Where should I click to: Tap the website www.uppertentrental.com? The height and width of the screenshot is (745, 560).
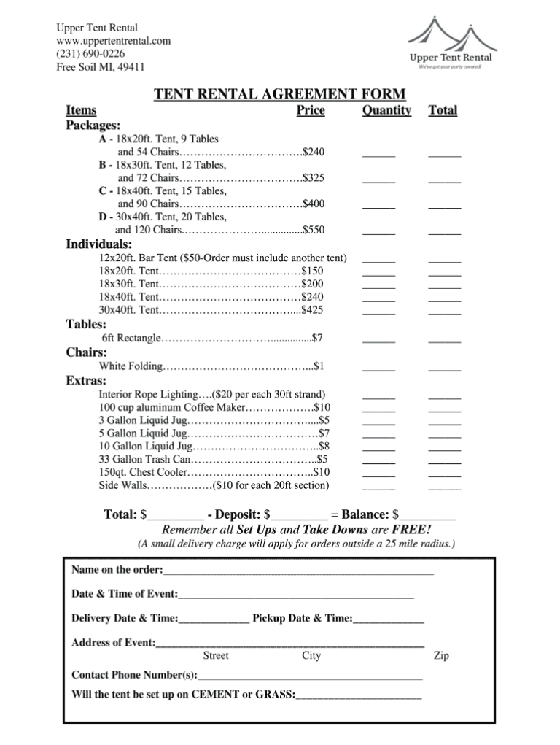click(x=114, y=41)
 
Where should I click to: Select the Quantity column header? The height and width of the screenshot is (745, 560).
click(x=386, y=110)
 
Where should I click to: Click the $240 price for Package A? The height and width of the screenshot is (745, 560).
click(x=314, y=152)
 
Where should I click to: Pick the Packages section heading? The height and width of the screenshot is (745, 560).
click(x=94, y=125)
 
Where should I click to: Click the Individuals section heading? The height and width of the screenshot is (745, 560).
click(x=99, y=244)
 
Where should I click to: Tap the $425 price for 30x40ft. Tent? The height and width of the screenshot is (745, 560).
click(x=312, y=310)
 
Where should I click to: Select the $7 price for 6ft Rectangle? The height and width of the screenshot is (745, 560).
click(x=317, y=338)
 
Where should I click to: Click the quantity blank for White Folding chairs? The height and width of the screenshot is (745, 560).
click(x=379, y=367)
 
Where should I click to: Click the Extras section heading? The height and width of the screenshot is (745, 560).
click(x=87, y=381)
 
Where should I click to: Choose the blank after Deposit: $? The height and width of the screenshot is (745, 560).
click(x=300, y=515)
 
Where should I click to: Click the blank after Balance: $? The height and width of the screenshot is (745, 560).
click(x=428, y=515)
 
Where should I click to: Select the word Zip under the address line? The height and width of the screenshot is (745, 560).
click(x=441, y=656)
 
